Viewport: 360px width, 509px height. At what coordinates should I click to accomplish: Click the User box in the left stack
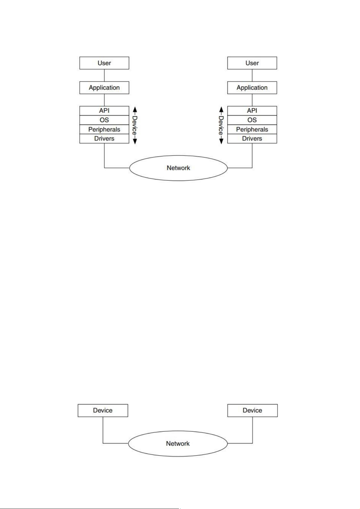(x=104, y=63)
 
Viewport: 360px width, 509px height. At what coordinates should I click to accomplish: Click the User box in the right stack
(x=252, y=63)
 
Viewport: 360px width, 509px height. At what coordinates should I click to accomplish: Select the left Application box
(x=104, y=88)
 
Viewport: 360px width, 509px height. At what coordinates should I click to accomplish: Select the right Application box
(x=252, y=88)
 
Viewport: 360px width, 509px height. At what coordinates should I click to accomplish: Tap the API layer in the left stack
(x=104, y=111)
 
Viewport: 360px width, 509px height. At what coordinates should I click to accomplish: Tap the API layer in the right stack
(x=252, y=111)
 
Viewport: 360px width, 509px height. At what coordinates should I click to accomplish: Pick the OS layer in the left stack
(x=104, y=120)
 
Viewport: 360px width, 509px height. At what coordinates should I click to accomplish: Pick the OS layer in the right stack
(x=252, y=120)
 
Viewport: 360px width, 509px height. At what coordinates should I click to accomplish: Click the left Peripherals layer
(x=104, y=129)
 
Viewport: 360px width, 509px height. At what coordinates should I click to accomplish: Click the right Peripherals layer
(x=252, y=129)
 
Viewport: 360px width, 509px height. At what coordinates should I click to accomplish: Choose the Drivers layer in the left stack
(x=104, y=139)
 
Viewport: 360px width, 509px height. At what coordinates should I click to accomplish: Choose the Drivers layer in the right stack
(x=252, y=139)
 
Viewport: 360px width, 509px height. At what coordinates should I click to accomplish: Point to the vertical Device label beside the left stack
(x=135, y=125)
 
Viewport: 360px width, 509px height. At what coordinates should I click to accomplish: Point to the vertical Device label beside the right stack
(x=221, y=125)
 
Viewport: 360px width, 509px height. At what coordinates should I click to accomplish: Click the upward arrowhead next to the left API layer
(x=135, y=109)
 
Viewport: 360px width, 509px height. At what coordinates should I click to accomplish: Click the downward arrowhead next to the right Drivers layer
(x=221, y=141)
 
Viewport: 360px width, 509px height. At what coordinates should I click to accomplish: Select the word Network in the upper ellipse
(x=178, y=168)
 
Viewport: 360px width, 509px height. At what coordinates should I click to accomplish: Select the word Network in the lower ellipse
(x=178, y=443)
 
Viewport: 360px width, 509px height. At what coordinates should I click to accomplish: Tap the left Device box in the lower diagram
(x=103, y=411)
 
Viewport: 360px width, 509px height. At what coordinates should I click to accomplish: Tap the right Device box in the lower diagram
(x=252, y=411)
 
